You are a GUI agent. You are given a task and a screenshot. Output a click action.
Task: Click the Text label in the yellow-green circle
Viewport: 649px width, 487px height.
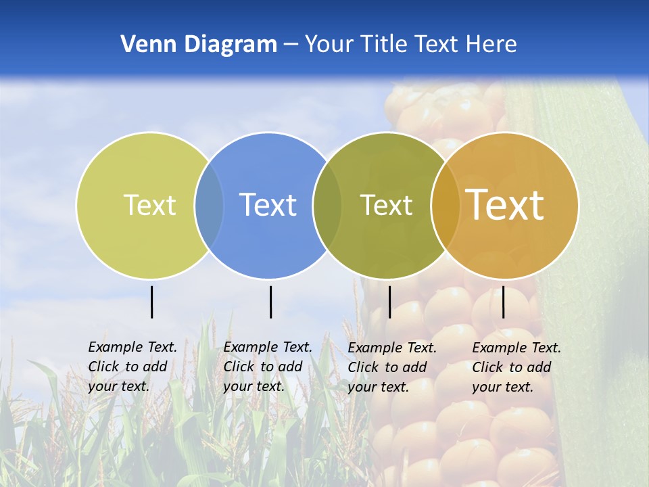tap(149, 205)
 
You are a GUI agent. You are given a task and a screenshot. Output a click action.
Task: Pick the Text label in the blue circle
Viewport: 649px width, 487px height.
tap(268, 205)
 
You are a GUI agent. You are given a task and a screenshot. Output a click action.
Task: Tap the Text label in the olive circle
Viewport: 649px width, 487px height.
tap(386, 205)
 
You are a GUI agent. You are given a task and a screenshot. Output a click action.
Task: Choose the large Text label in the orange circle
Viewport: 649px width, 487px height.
tap(505, 205)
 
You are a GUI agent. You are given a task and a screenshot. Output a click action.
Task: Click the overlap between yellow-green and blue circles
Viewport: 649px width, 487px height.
tap(209, 205)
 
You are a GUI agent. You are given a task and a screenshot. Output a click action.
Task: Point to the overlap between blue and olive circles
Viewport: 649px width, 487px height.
tap(327, 205)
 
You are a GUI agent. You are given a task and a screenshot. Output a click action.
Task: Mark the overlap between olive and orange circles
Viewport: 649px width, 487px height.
tap(446, 205)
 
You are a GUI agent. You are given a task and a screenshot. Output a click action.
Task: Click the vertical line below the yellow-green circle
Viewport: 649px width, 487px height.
tap(152, 302)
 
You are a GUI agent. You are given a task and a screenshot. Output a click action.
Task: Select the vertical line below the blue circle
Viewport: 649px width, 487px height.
tap(270, 302)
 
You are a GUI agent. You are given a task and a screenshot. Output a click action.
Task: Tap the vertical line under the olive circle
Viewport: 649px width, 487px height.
tap(389, 302)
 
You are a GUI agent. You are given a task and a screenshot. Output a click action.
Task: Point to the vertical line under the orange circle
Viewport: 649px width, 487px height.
tap(504, 302)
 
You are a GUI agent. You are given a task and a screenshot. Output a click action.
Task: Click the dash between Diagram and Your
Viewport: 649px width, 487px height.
tap(291, 45)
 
